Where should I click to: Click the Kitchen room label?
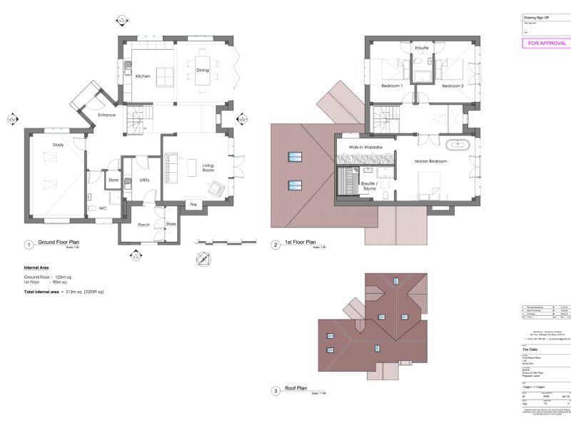pyautogui.click(x=143, y=76)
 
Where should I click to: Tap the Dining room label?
pyautogui.click(x=203, y=70)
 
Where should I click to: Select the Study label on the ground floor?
pyautogui.click(x=59, y=145)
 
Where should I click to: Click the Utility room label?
pyautogui.click(x=144, y=180)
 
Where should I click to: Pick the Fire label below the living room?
pyautogui.click(x=193, y=205)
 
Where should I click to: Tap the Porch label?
pyautogui.click(x=143, y=224)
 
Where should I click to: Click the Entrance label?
pyautogui.click(x=106, y=115)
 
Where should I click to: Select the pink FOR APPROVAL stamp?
pyautogui.click(x=547, y=44)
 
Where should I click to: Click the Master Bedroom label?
pyautogui.click(x=431, y=161)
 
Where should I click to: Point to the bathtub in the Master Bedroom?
pyautogui.click(x=457, y=146)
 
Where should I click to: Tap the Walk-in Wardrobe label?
pyautogui.click(x=365, y=147)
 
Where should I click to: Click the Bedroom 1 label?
pyautogui.click(x=392, y=86)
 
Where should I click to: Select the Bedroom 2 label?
pyautogui.click(x=453, y=86)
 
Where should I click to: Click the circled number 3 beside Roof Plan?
pyautogui.click(x=276, y=390)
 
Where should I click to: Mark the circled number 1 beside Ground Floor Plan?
pyautogui.click(x=29, y=245)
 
